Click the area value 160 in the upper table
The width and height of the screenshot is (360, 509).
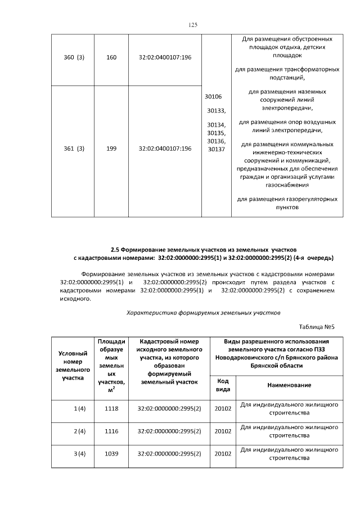tap(111, 57)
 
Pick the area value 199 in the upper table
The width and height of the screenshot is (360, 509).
tap(111, 148)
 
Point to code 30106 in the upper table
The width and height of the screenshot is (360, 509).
tap(213, 97)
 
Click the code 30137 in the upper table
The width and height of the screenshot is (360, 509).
tap(216, 149)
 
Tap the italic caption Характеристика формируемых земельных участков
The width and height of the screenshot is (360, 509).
tap(203, 312)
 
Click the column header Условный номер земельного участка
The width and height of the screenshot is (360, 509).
tap(73, 366)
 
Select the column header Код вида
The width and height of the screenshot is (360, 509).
tap(223, 385)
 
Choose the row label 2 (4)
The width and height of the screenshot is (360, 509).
tap(79, 431)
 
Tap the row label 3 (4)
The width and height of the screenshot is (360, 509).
tap(79, 453)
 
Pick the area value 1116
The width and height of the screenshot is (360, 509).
tap(111, 431)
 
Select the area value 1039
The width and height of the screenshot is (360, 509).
tap(111, 453)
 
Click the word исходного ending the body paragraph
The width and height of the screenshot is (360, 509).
tap(75, 299)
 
